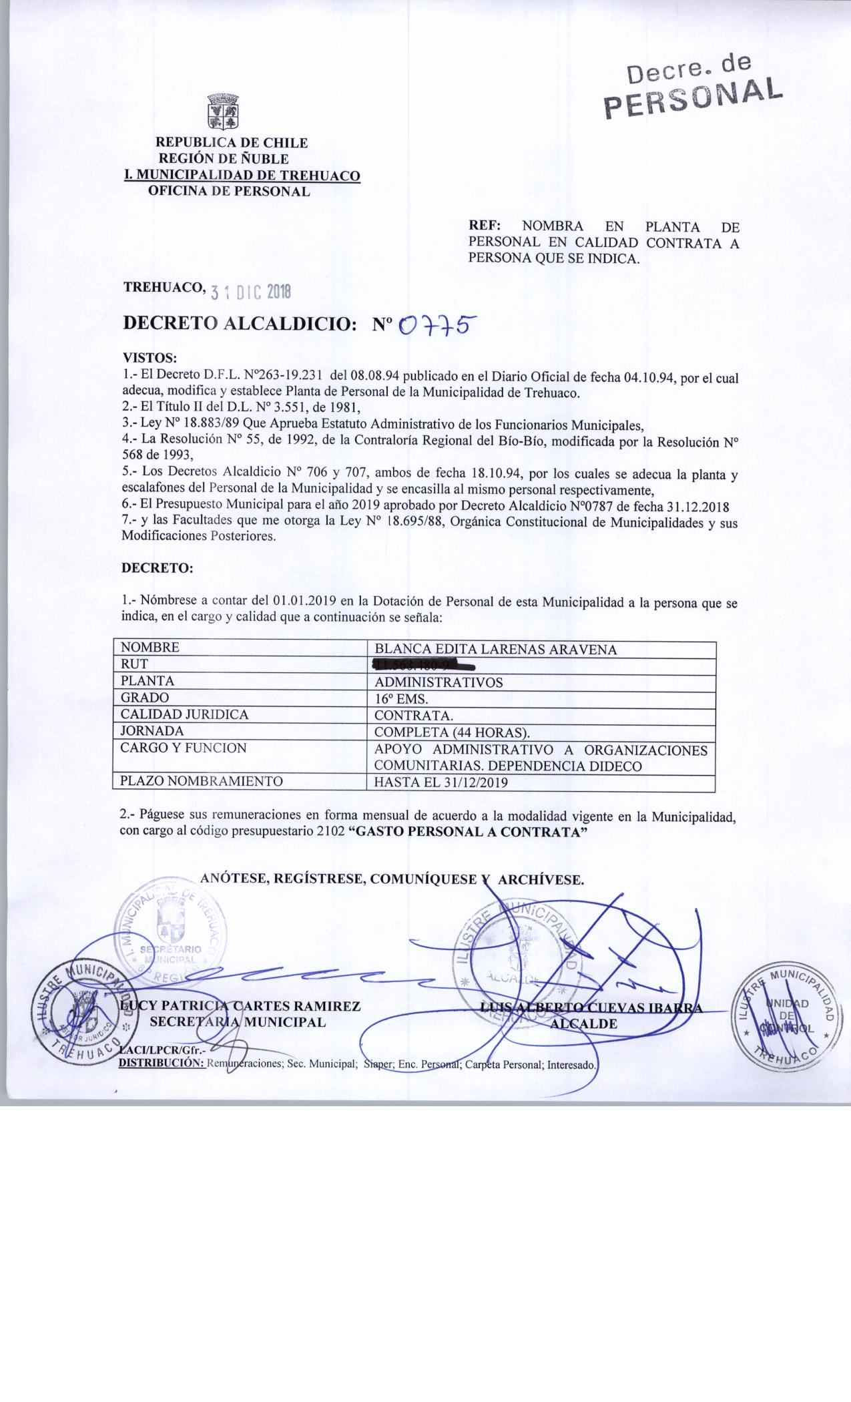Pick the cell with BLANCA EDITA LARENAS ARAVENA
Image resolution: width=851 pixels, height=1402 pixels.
pos(495,650)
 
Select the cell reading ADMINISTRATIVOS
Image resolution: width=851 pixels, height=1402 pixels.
pos(439,682)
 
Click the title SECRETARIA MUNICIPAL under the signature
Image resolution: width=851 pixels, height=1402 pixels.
pos(238,1021)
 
